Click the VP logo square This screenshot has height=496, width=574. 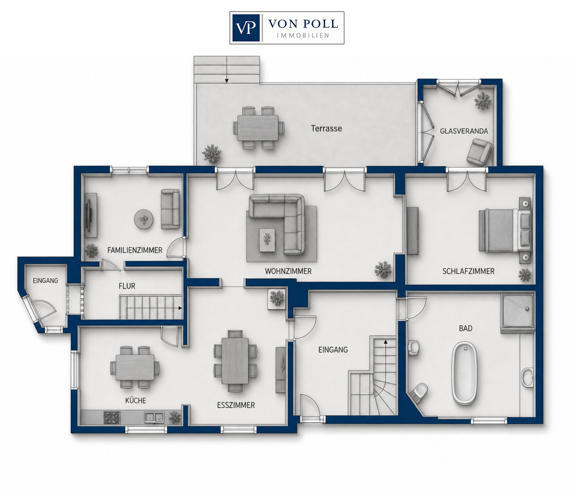[x=246, y=28]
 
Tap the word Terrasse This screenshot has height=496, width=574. [x=326, y=128]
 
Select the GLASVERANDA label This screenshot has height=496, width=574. [x=464, y=131]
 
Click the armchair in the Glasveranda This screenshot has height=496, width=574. [x=479, y=152]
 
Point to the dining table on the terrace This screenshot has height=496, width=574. [x=258, y=128]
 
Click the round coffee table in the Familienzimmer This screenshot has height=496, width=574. [x=144, y=219]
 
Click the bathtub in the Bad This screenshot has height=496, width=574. [x=464, y=373]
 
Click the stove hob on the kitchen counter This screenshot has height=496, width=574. [x=112, y=418]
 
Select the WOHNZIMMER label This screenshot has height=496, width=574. [x=288, y=271]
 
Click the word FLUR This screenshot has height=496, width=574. [x=127, y=286]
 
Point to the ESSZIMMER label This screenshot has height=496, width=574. [x=236, y=405]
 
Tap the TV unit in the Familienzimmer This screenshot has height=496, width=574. [x=90, y=215]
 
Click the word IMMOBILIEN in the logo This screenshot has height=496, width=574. [x=303, y=35]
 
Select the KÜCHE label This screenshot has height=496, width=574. [x=136, y=400]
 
